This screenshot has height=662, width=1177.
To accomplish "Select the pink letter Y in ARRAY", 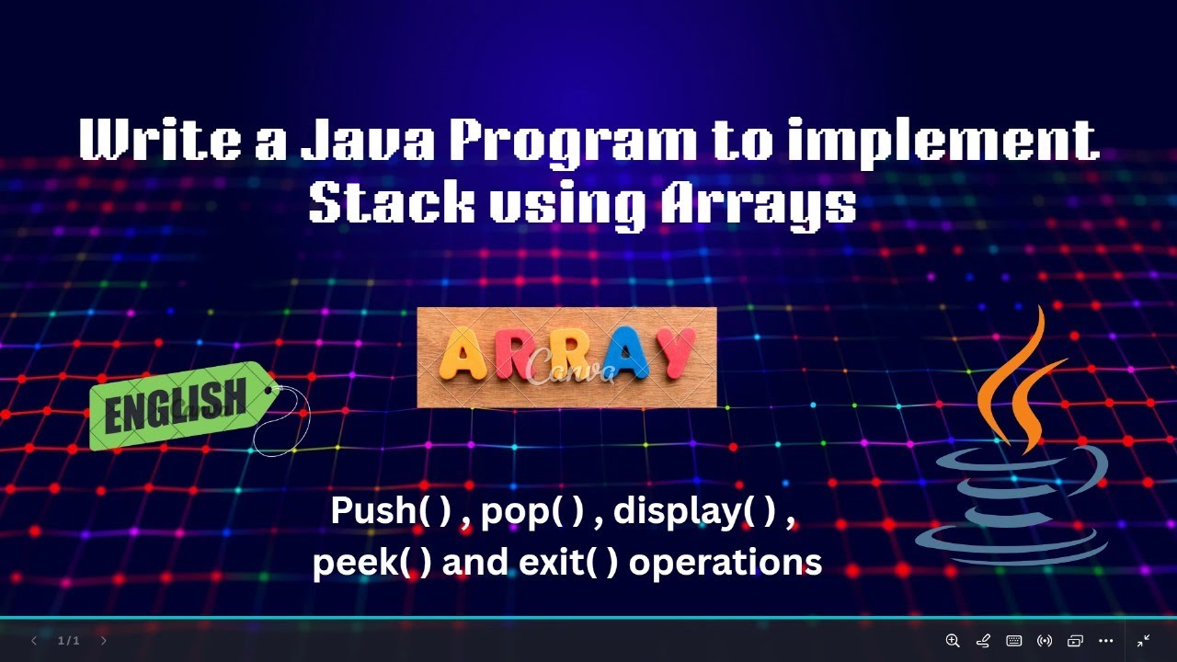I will coord(682,355).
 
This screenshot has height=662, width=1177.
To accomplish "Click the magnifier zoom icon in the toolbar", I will coord(953,641).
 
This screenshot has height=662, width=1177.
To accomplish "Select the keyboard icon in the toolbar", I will coord(1014,641).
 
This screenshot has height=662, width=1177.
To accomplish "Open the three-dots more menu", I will coord(1106,641).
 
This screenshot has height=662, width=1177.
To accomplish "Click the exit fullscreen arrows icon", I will coord(1144,641).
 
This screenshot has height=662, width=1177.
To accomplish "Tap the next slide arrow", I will coord(103,641).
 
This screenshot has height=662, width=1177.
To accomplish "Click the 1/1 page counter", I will coord(69,641).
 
